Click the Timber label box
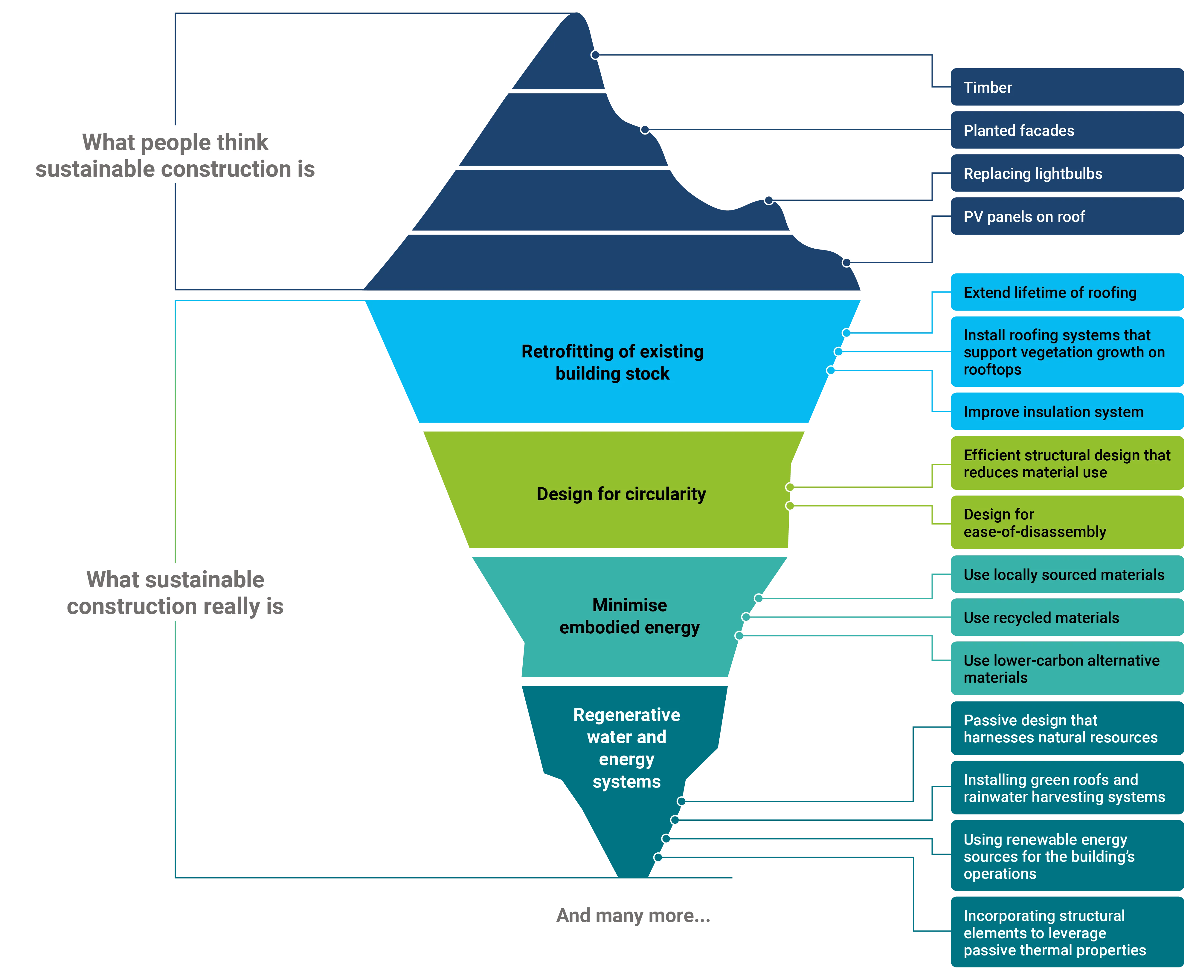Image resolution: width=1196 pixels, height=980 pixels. click(1067, 88)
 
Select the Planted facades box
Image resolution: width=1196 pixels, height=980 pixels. click(1067, 130)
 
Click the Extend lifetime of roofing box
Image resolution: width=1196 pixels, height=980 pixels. click(1067, 292)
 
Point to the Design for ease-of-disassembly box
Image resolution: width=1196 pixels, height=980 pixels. click(1067, 523)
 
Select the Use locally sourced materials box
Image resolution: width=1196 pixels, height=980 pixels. click(1067, 575)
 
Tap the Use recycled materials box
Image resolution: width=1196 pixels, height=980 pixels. click(1067, 617)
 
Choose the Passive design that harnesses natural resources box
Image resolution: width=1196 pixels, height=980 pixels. click(1067, 728)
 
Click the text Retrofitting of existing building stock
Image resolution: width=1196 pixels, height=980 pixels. click(612, 363)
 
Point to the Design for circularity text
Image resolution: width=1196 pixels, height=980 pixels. click(621, 494)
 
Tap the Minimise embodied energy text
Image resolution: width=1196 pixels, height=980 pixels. click(629, 616)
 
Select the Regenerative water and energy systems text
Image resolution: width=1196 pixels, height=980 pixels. click(626, 748)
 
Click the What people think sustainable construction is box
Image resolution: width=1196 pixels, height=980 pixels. click(175, 155)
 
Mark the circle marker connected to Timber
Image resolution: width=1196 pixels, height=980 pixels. click(595, 55)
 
